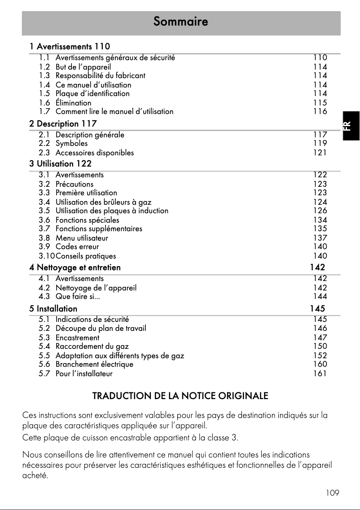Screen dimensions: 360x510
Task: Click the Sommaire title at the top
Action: click(x=180, y=22)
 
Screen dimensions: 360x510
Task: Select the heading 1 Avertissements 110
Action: click(x=70, y=46)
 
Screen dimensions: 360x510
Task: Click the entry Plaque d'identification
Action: click(x=92, y=94)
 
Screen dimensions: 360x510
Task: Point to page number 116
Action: click(x=320, y=111)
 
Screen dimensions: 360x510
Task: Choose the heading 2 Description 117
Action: click(x=63, y=123)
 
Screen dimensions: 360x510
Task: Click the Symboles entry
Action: click(x=71, y=144)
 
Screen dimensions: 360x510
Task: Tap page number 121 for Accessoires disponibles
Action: click(x=320, y=153)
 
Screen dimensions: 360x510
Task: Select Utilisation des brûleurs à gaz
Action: click(x=103, y=202)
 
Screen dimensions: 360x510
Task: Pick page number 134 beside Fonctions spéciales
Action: click(x=320, y=220)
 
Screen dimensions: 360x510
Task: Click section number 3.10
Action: click(x=46, y=256)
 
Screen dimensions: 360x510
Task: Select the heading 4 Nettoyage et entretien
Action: click(x=75, y=268)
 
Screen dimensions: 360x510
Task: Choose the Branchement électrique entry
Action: click(x=94, y=365)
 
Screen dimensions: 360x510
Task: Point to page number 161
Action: click(x=320, y=374)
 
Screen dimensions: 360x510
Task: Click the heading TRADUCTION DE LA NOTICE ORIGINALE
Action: click(x=180, y=396)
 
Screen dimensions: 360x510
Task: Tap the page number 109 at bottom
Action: click(x=333, y=493)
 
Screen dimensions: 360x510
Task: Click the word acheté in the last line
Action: click(x=35, y=476)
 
